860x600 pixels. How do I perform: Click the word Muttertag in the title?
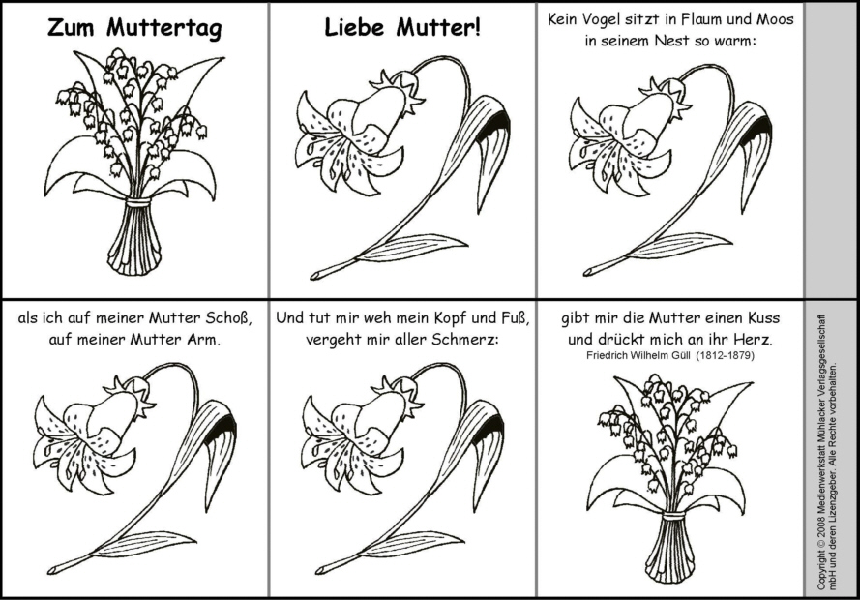(x=164, y=28)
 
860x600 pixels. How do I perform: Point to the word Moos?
(x=775, y=19)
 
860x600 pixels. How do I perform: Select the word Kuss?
(x=763, y=318)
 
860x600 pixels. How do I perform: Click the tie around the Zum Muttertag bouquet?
(x=137, y=203)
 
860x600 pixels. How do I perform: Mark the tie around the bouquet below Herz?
(x=674, y=516)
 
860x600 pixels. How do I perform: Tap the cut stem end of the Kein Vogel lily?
(x=587, y=272)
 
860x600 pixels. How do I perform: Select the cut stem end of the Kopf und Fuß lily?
(x=320, y=569)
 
